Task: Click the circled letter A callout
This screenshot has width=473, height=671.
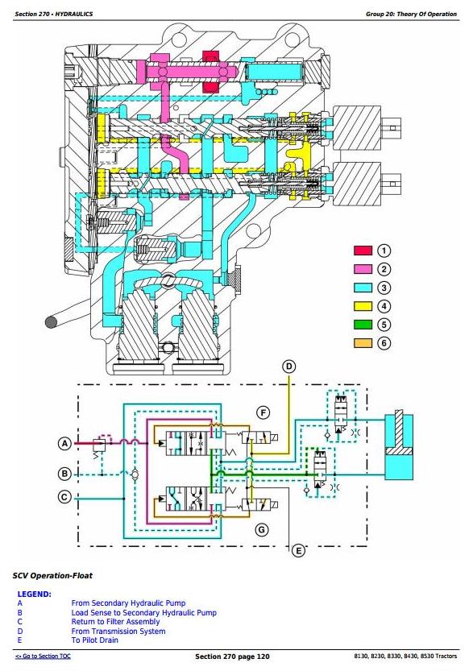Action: tap(64, 443)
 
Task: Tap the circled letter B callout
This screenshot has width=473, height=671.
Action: tap(64, 474)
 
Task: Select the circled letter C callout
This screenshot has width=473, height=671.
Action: tap(64, 497)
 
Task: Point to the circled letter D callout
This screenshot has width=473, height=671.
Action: tap(289, 367)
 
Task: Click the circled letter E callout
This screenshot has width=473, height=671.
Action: tap(298, 551)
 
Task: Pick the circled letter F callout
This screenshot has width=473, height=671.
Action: tap(263, 413)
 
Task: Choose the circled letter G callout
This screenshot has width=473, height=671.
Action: tap(262, 530)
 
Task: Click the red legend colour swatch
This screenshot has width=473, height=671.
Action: tap(363, 251)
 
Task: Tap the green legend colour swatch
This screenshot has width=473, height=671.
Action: tap(363, 325)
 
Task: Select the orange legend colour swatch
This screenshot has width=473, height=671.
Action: tap(363, 343)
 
